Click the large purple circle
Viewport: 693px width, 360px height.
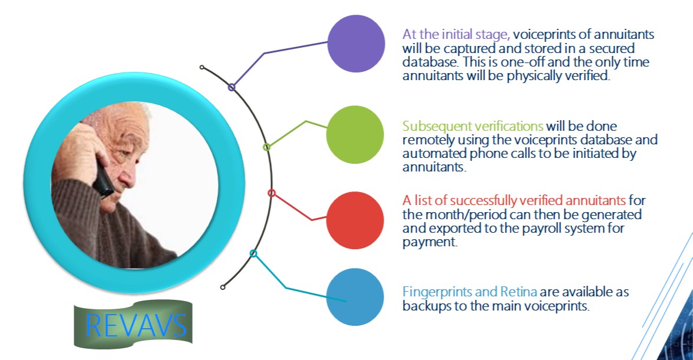(356, 44)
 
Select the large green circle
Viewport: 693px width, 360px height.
(355, 135)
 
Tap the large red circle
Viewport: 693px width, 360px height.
(355, 220)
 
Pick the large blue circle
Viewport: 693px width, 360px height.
(355, 297)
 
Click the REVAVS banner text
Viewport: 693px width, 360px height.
(136, 325)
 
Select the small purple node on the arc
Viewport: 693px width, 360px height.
(232, 87)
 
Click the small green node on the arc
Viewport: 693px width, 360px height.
(266, 147)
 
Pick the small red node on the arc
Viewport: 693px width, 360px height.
(272, 193)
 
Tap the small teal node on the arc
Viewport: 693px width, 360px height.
(253, 253)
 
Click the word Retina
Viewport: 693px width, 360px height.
(519, 292)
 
